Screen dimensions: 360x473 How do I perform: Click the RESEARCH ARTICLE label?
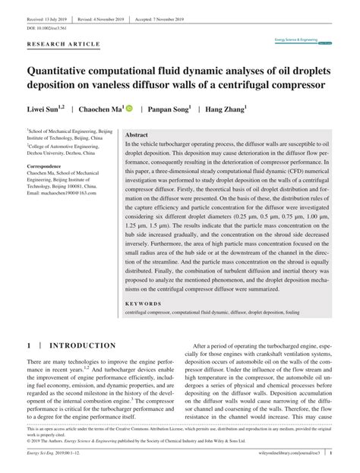coord(63,44)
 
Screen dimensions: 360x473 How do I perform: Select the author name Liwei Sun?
coord(46,109)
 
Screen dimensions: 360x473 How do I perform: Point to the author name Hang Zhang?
coord(225,109)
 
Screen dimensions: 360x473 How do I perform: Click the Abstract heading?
coord(137,134)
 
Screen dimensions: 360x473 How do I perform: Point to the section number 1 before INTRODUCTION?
coord(29,345)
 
